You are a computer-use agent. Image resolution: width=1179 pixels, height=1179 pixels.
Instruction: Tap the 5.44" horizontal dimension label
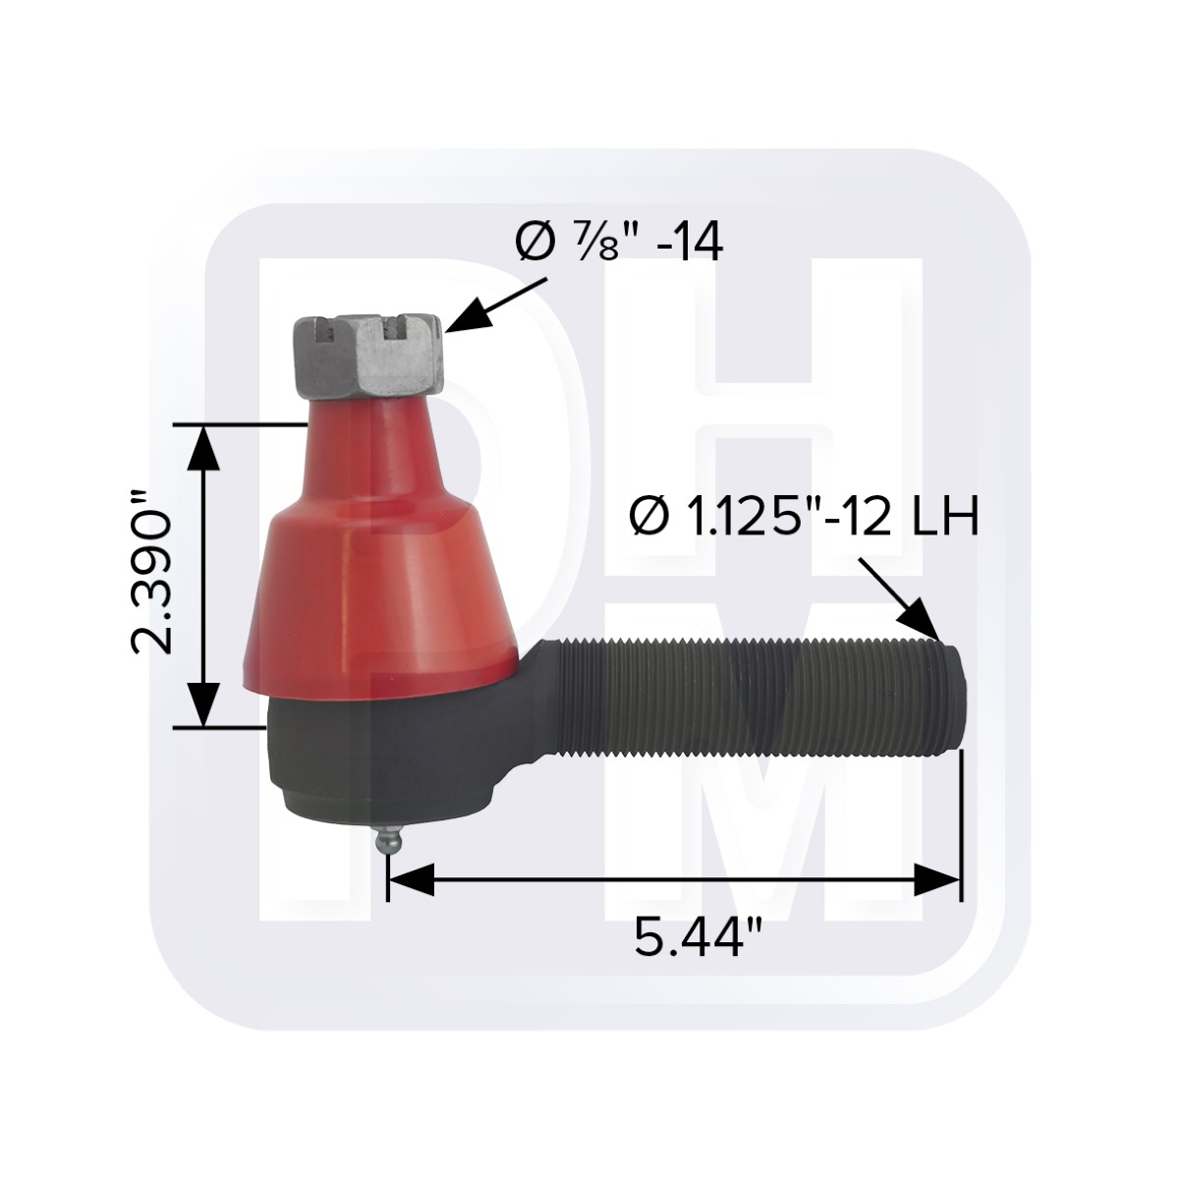(x=698, y=940)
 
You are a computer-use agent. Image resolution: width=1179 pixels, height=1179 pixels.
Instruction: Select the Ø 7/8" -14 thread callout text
(x=618, y=244)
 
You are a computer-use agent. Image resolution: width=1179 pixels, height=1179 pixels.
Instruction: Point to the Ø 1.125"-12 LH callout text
(x=804, y=518)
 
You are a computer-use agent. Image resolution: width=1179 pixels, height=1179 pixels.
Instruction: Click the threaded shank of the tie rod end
(x=757, y=696)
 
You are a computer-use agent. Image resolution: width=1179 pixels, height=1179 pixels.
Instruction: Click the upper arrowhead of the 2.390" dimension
(x=203, y=447)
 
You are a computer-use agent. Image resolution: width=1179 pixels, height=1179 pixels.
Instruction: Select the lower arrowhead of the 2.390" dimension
(x=203, y=705)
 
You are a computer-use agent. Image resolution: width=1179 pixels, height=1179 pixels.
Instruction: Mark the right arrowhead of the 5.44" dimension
(x=938, y=879)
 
